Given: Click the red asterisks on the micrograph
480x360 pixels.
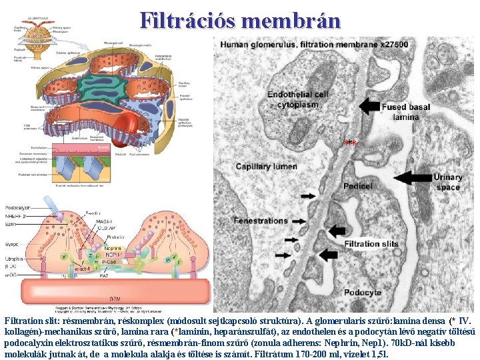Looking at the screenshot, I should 351,143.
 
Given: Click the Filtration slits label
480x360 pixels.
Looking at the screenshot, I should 371,243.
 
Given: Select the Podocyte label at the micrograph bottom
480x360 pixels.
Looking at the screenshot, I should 364,291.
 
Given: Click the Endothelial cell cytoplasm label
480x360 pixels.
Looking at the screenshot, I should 297,99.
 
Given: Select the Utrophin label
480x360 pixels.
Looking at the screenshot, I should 14,257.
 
